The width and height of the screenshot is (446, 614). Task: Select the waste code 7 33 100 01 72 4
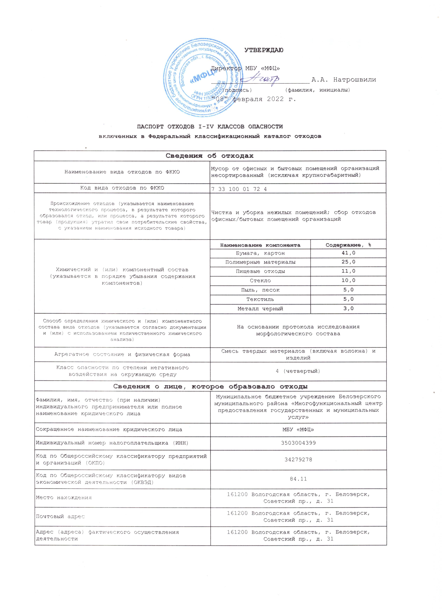point(239,189)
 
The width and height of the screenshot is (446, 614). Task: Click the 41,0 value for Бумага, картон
point(348,253)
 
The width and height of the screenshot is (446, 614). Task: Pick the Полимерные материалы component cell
point(260,262)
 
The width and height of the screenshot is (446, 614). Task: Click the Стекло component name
point(260,280)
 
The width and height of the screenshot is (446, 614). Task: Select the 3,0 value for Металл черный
point(348,308)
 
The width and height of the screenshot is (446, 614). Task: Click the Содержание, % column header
point(348,245)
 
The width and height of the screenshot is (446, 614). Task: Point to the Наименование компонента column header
point(260,245)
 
